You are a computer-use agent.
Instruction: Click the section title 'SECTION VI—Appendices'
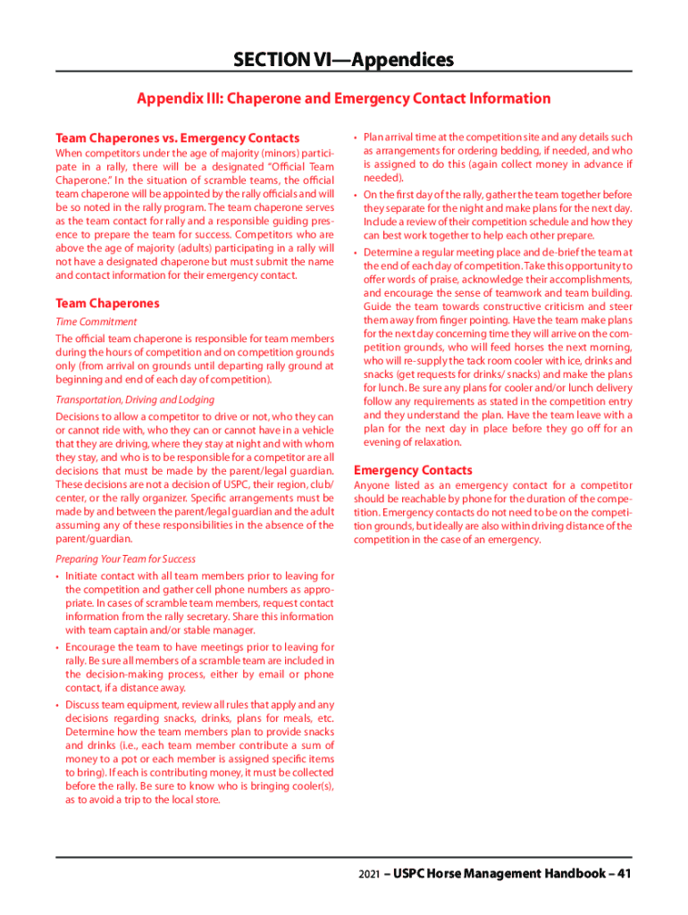[343, 60]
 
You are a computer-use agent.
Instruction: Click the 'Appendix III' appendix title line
[343, 98]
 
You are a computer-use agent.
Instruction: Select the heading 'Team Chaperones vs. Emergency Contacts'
[178, 139]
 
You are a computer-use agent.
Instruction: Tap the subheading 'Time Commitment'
[96, 322]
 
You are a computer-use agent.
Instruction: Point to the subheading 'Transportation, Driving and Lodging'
[135, 399]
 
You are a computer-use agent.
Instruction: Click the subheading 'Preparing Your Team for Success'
[125, 558]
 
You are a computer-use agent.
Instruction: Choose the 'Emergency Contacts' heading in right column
[413, 470]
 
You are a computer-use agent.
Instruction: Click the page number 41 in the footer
[624, 873]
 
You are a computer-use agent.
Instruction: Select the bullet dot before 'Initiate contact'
[57, 576]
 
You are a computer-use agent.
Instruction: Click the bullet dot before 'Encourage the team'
[57, 648]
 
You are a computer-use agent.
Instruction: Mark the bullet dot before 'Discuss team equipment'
[57, 705]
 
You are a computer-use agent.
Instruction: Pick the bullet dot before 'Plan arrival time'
[356, 138]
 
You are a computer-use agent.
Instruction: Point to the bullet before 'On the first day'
[356, 195]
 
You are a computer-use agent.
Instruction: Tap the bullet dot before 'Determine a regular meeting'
[356, 253]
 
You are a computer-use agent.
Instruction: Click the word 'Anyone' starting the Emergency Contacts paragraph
[373, 485]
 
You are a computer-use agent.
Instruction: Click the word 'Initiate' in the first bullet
[84, 576]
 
